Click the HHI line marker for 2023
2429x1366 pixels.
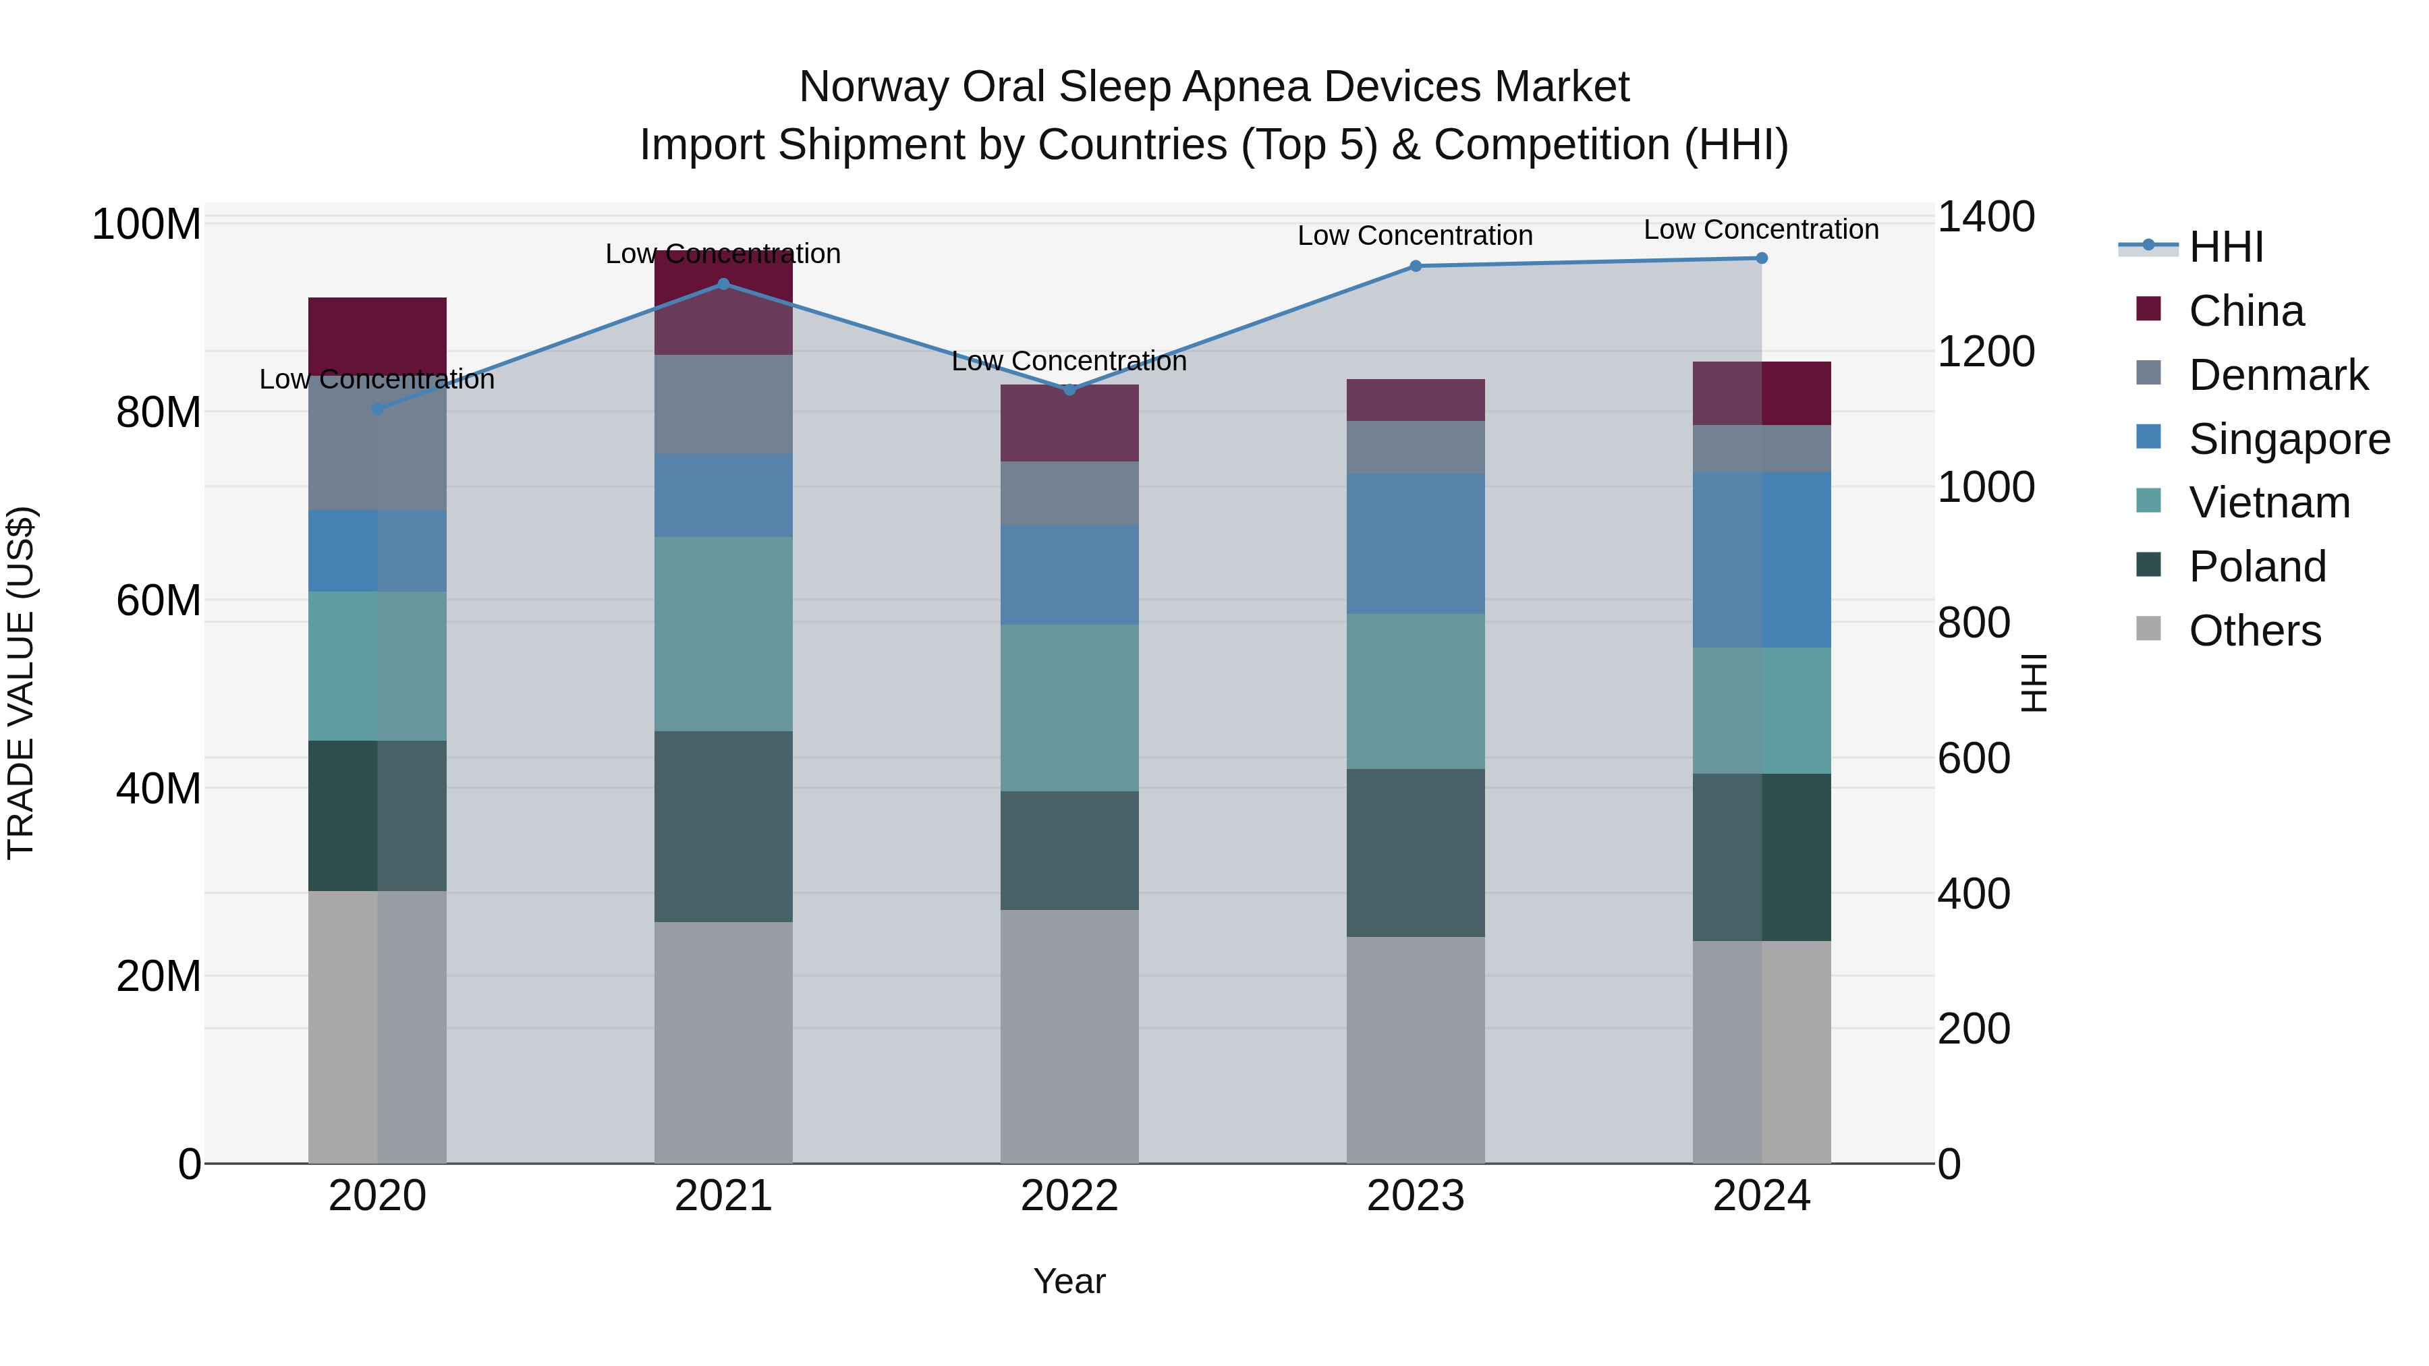[1416, 266]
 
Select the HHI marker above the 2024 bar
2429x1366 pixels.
[1762, 258]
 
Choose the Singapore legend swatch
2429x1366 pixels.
[2148, 437]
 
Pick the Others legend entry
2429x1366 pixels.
[2254, 631]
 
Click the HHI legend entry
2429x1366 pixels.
[2225, 247]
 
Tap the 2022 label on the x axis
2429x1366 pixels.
[1069, 1196]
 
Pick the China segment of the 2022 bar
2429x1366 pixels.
[1069, 422]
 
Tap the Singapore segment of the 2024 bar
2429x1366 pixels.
[1762, 559]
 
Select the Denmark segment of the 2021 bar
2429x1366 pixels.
[723, 405]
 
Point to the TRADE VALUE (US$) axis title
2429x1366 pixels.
[21, 683]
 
